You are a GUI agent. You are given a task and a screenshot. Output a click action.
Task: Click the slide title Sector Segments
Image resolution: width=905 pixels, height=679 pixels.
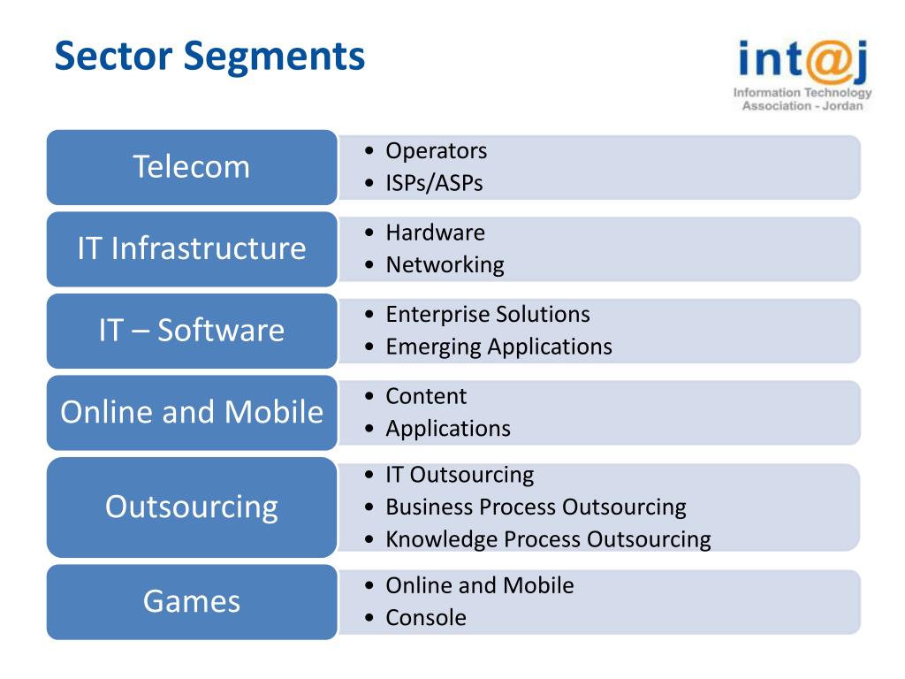point(209,56)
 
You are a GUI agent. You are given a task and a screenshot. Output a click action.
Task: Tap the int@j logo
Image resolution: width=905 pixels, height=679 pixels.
point(803,60)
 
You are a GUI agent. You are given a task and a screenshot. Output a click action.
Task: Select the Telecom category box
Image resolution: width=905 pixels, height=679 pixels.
point(192,167)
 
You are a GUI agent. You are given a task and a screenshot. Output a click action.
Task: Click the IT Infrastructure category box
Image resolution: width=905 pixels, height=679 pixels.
point(192,248)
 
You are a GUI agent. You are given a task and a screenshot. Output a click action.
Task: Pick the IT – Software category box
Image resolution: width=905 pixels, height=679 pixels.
point(192,331)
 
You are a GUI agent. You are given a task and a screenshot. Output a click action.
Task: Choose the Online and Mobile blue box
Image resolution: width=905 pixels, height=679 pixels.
point(192,412)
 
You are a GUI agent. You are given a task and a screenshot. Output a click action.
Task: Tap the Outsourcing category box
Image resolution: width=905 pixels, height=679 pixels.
point(192,507)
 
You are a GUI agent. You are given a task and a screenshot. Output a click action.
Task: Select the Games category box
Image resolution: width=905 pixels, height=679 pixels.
point(192,602)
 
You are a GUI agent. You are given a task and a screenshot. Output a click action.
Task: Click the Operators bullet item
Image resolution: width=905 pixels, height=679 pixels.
point(436,151)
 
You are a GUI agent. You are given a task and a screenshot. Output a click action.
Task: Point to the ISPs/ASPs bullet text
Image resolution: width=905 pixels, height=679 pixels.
point(434,183)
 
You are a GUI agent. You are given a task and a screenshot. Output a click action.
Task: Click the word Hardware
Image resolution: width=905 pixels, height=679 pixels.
point(435,233)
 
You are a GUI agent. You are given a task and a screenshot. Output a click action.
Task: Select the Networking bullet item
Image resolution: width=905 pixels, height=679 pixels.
point(445,264)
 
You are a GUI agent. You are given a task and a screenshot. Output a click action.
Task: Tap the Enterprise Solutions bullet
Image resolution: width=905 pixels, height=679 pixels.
point(487,314)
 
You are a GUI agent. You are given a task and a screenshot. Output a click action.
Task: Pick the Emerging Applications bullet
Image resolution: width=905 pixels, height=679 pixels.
point(498,347)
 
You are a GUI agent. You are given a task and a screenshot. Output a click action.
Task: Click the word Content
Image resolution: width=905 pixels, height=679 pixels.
point(426,396)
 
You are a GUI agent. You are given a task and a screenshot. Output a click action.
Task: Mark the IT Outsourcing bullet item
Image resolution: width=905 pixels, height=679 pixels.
point(460,475)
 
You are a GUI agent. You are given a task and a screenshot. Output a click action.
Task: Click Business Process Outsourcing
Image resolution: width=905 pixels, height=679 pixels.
point(536,507)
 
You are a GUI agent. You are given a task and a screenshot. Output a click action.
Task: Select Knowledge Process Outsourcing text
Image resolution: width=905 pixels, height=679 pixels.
point(548,539)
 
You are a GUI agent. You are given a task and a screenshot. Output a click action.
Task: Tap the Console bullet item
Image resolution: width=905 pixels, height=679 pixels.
point(426,617)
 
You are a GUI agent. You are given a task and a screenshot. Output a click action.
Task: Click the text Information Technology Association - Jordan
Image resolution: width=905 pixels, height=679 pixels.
point(802,99)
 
